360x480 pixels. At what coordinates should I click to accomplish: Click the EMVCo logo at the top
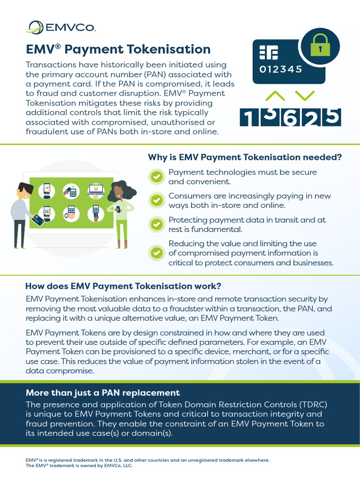coord(61,28)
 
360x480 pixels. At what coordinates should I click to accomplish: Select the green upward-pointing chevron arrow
coord(275,96)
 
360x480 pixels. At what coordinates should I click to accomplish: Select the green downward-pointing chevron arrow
coord(305,96)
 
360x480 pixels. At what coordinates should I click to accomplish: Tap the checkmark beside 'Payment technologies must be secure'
coord(156,177)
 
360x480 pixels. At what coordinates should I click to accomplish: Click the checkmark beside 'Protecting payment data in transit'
coord(156,224)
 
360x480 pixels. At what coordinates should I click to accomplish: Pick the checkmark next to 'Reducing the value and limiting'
coord(156,253)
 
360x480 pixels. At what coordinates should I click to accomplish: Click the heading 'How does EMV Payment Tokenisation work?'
coord(123,286)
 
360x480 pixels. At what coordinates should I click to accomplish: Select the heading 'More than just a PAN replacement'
coord(103,393)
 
